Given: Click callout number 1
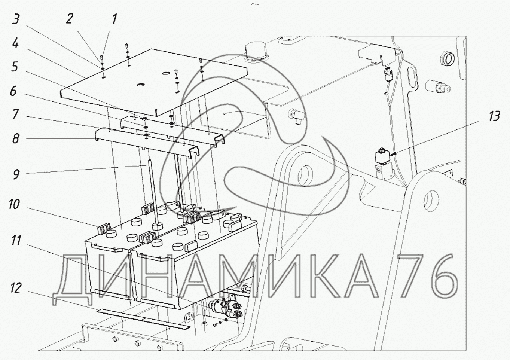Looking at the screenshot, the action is [114, 19].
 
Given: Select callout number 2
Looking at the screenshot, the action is [70, 19].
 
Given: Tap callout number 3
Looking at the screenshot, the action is [16, 19].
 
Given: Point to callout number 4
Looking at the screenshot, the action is [16, 43].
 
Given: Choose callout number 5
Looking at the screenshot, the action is [15, 67].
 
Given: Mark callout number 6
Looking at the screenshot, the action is [13, 92].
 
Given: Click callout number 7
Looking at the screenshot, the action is [15, 114].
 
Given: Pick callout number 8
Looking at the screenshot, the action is [15, 139].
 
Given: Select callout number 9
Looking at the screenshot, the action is [16, 174].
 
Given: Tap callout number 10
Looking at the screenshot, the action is [14, 204].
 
